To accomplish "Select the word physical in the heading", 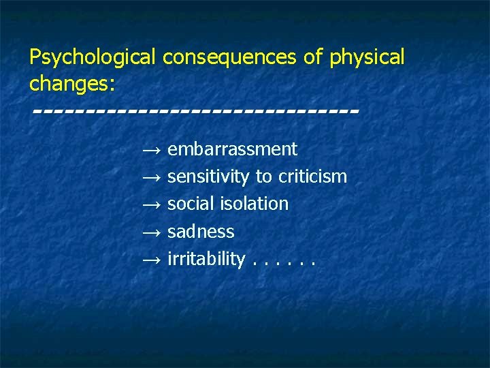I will [367, 58].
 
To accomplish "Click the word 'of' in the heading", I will [313, 57].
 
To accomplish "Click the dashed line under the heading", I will [195, 110].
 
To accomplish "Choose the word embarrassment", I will [232, 149].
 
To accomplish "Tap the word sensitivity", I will [208, 177].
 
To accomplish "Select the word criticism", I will [311, 177].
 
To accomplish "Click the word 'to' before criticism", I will [263, 177].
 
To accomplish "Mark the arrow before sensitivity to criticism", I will [151, 178].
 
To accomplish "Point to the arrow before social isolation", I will [151, 204].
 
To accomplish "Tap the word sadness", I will [201, 232].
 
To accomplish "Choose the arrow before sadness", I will [151, 232].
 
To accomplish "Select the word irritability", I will [206, 259].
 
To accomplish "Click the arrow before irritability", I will [151, 260].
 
